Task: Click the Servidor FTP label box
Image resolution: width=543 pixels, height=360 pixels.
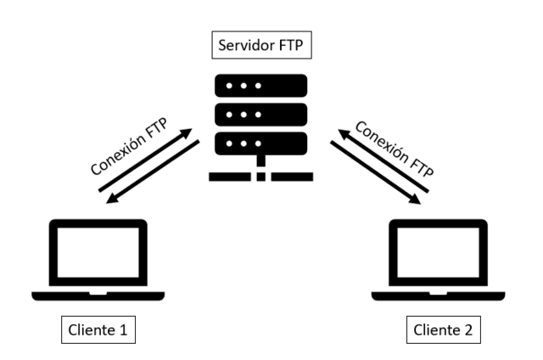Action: (x=262, y=45)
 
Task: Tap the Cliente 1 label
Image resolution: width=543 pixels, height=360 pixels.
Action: (x=98, y=328)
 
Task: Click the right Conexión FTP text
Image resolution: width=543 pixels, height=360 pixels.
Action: (x=394, y=149)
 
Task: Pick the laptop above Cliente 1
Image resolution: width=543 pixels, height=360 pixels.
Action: (x=98, y=258)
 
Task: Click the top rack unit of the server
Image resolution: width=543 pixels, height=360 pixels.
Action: (x=261, y=86)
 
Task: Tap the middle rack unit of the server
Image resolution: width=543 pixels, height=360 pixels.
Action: (x=261, y=113)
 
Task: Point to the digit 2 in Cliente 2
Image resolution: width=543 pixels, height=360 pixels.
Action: (x=474, y=328)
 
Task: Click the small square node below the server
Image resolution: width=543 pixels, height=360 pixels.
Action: (x=261, y=177)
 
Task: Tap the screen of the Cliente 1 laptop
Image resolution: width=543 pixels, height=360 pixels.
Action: (x=98, y=253)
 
